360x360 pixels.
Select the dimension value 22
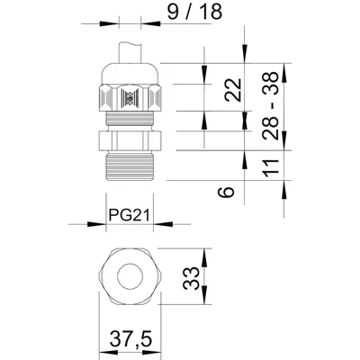tap(233, 91)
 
